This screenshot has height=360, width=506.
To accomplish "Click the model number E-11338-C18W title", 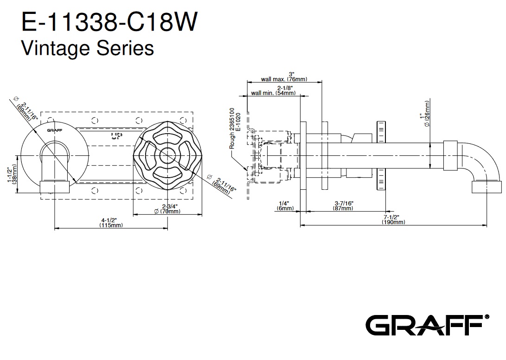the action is [x=109, y=22].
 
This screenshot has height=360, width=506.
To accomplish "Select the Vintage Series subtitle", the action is [x=88, y=48].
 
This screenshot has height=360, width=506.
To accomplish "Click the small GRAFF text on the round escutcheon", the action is [x=55, y=130].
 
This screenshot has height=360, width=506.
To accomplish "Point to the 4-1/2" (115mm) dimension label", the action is [x=111, y=223].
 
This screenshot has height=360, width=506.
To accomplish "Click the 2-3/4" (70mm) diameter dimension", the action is [x=167, y=209].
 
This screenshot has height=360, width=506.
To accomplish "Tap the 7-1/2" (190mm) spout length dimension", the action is [x=393, y=219].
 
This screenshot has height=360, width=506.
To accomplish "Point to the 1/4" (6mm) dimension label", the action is [x=285, y=206].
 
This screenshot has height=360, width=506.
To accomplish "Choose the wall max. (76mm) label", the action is [x=284, y=77].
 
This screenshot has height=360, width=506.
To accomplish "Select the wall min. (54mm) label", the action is [x=274, y=90].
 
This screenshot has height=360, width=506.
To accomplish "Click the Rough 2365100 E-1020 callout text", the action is [x=235, y=129].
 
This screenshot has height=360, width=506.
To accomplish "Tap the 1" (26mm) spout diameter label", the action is [x=425, y=114].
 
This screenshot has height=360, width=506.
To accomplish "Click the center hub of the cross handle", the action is [x=167, y=156].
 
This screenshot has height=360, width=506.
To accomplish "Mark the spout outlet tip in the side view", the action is [x=487, y=187].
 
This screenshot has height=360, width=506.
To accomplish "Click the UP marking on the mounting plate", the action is [x=115, y=136].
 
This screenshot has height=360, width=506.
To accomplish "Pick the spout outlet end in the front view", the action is [x=55, y=187].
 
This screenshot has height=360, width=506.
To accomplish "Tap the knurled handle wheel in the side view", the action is [x=381, y=156].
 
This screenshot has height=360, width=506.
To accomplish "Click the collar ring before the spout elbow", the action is [x=450, y=155].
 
